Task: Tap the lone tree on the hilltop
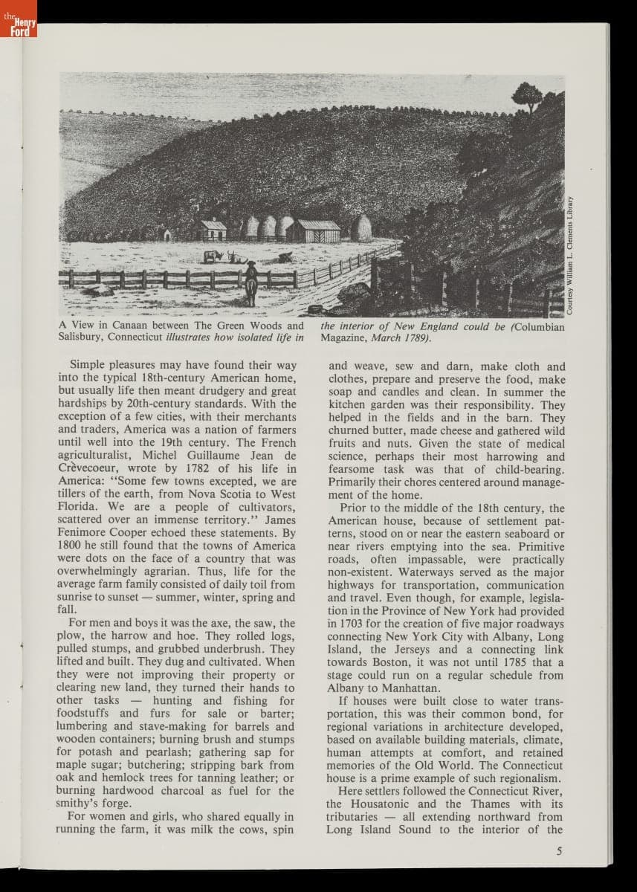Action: [x=527, y=96]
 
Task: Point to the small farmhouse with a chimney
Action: [x=213, y=230]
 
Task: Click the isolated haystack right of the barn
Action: [x=361, y=228]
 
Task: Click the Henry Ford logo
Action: [x=18, y=19]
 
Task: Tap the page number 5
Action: [x=559, y=851]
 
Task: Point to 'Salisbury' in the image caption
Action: [x=83, y=337]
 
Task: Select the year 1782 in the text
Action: [x=203, y=468]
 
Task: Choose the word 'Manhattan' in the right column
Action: [x=414, y=688]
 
